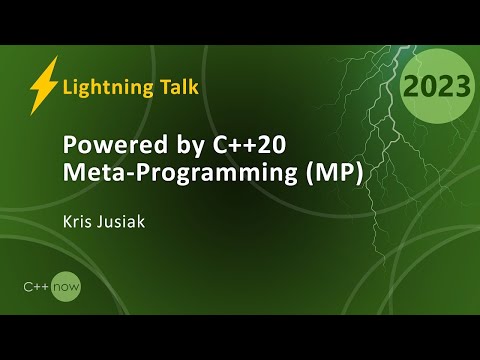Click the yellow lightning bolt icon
click(43, 84)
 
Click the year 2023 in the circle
click(436, 87)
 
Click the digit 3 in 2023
click(463, 87)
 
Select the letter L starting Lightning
click(68, 86)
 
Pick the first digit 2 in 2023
click(410, 87)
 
